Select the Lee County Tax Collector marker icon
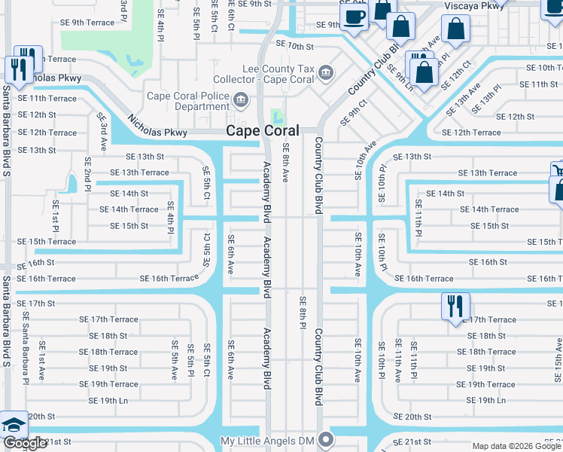[x=325, y=73]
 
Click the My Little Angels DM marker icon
[x=325, y=438]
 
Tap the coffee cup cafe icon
[x=356, y=16]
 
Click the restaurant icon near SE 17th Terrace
[x=455, y=307]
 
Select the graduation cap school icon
[x=13, y=426]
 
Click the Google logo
[x=25, y=443]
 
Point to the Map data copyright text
[x=516, y=446]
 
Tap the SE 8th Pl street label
[x=302, y=312]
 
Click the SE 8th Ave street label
[x=285, y=165]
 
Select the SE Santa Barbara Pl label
[x=26, y=335]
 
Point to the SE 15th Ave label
[x=558, y=355]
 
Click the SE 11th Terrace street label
[x=47, y=99]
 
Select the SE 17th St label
[x=37, y=304]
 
